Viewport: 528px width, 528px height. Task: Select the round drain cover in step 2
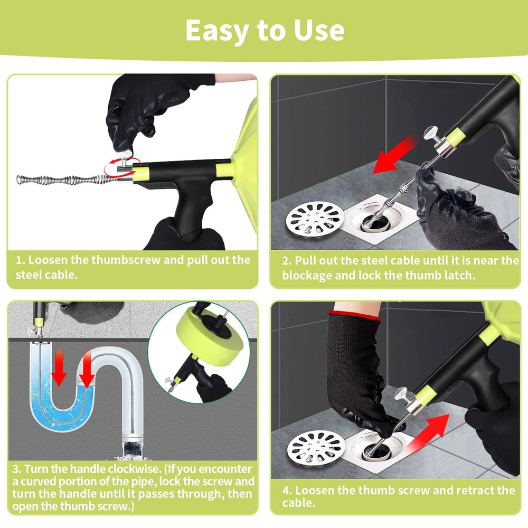[x=315, y=219]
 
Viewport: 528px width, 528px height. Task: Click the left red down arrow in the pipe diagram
[x=59, y=368]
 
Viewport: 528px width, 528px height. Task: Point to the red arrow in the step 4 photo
[x=427, y=433]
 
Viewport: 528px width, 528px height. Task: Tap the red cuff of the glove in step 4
[x=354, y=316]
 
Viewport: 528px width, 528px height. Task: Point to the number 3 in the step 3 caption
[x=15, y=469]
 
